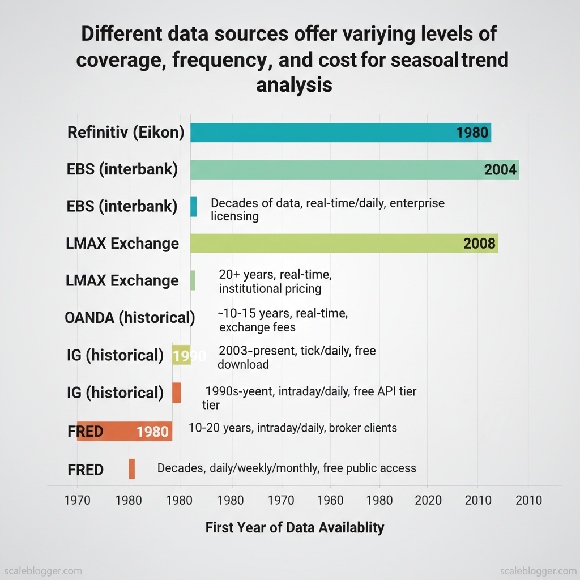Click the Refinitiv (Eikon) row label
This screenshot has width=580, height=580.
coord(126,133)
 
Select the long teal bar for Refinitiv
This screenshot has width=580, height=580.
coord(340,133)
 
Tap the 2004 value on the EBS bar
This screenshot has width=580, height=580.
coord(500,169)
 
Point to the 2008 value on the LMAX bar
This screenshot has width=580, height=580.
coord(479,244)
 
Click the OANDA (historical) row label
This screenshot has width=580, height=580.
coord(130,318)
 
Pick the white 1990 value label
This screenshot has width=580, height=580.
coord(186,356)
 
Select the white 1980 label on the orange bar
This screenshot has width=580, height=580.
coord(152,432)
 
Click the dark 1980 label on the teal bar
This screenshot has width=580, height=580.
coord(472,133)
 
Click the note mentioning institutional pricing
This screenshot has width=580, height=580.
coord(275,282)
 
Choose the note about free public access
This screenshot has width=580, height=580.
coord(287,468)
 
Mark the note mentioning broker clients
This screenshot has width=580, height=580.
coord(292,428)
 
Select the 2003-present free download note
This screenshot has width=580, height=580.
coord(297,357)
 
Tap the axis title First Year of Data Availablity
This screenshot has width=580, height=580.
coord(295,528)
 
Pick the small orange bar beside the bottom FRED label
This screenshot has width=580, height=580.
coord(131,468)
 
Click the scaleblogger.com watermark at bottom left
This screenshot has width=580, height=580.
coord(43,570)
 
